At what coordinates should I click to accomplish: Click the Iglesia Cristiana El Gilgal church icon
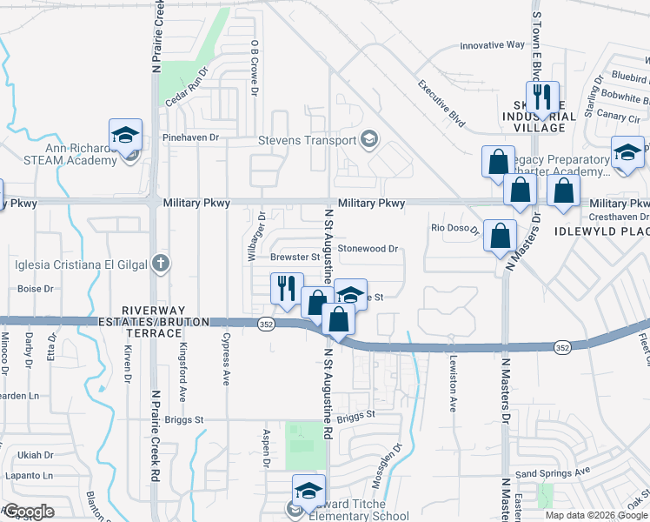pos(159,263)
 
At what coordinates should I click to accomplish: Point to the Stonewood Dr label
pos(368,249)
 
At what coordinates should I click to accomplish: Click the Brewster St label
pos(295,258)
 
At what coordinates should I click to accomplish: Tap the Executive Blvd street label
pos(441,104)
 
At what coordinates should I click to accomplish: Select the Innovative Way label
pos(492,44)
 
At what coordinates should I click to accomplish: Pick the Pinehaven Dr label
pos(190,137)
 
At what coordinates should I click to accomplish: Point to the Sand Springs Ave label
pos(553,472)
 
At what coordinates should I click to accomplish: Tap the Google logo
pos(28,512)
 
